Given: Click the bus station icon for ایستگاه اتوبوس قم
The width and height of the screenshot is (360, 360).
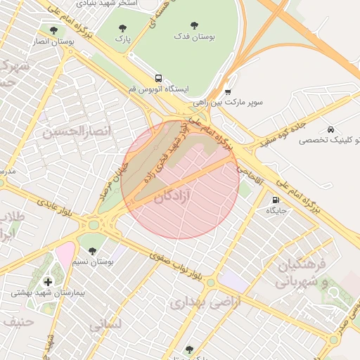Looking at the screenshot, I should pyautogui.click(x=159, y=78).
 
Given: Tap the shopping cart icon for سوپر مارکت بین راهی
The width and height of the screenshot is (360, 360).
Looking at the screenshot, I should pyautogui.click(x=228, y=91).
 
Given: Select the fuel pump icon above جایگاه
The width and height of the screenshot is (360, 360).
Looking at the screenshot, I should pyautogui.click(x=274, y=199).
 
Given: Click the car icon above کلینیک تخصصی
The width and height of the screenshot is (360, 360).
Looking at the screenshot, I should pyautogui.click(x=330, y=129).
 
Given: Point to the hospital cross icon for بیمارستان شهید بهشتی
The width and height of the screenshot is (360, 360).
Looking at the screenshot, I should pyautogui.click(x=47, y=281).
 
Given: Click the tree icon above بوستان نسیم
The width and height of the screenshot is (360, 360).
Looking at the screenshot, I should pyautogui.click(x=92, y=250).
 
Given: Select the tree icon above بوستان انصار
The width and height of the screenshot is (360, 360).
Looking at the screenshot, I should pyautogui.click(x=54, y=30).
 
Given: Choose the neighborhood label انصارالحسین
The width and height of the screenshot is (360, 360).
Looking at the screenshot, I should pyautogui.click(x=78, y=130).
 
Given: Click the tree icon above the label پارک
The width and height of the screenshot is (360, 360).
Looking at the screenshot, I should pyautogui.click(x=122, y=29).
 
